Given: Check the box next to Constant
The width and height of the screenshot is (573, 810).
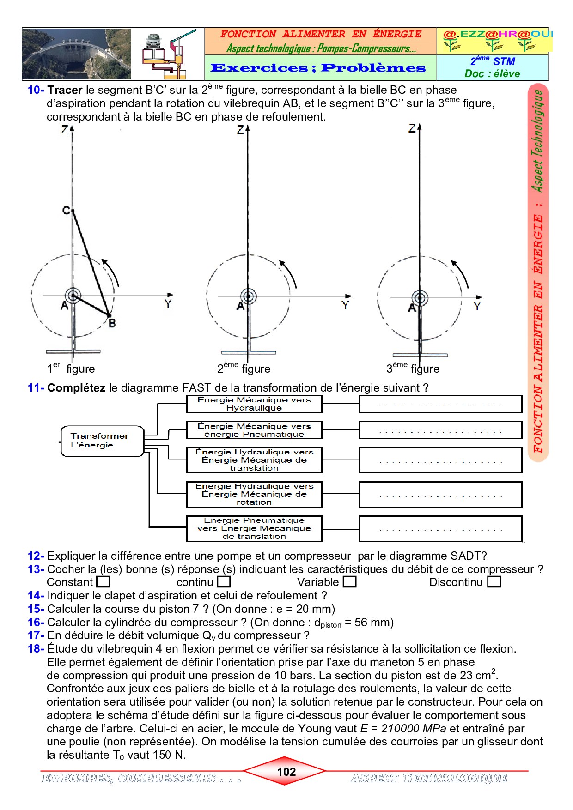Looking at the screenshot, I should tap(103, 582).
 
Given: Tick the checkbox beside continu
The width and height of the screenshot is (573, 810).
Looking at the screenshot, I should tap(224, 582).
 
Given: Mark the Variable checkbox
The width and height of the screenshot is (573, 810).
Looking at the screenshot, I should tap(350, 582).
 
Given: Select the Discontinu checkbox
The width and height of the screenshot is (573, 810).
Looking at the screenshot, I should tap(494, 582).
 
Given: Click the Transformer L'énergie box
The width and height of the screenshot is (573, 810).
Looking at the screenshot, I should tap(103, 441).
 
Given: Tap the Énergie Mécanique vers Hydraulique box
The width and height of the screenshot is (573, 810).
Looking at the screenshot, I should tap(254, 404).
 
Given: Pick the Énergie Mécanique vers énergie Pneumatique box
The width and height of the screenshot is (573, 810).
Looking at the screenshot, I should tap(254, 430).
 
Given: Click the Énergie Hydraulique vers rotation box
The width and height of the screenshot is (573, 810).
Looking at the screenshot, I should tap(254, 494).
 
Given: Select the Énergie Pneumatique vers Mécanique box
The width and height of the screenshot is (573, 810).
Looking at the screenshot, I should tap(254, 528).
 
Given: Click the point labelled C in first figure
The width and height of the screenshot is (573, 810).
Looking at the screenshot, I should tap(67, 211).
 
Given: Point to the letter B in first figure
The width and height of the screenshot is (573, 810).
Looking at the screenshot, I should tap(112, 323).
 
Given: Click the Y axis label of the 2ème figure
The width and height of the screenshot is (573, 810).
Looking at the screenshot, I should tap(345, 305).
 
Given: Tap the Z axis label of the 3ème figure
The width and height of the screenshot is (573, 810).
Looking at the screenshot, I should tap(412, 128).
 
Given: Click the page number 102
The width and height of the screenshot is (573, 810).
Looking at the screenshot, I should tap(286, 772).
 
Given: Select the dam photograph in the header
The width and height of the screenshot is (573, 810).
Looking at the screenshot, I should tap(77, 54).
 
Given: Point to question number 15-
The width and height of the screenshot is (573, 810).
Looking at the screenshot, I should tap(36, 609).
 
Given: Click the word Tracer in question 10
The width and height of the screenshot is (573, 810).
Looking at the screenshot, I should tap(65, 90).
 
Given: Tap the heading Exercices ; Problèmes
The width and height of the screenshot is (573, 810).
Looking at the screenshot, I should tap(318, 68).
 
